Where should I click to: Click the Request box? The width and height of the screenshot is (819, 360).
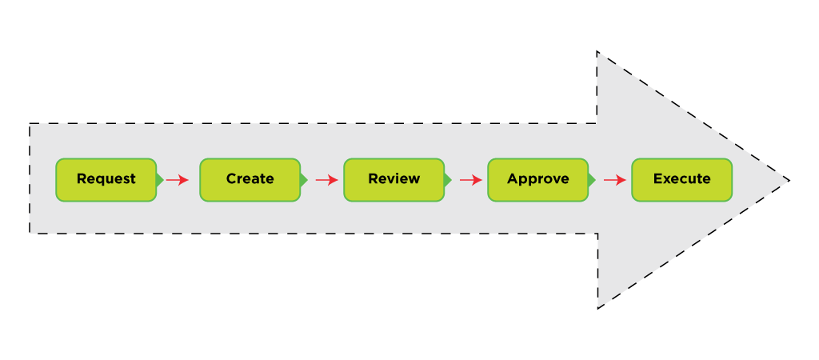pyautogui.click(x=106, y=179)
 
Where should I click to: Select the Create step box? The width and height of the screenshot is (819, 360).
pyautogui.click(x=250, y=179)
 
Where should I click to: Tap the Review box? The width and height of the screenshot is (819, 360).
pyautogui.click(x=394, y=179)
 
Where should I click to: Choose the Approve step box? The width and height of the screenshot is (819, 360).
pyautogui.click(x=537, y=179)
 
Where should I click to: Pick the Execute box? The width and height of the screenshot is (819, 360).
pyautogui.click(x=681, y=179)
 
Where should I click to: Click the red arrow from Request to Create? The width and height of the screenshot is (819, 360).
pyautogui.click(x=177, y=180)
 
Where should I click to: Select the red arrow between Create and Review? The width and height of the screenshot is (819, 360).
pyautogui.click(x=326, y=180)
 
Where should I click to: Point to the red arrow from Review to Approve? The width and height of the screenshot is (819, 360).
pyautogui.click(x=470, y=180)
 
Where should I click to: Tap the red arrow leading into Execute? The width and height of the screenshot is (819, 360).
pyautogui.click(x=614, y=180)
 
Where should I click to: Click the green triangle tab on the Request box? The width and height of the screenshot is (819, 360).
pyautogui.click(x=160, y=180)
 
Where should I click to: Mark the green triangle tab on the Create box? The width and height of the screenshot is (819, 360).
pyautogui.click(x=304, y=180)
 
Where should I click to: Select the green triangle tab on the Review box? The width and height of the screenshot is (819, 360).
pyautogui.click(x=448, y=180)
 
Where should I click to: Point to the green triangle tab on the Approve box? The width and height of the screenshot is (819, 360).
pyautogui.click(x=592, y=180)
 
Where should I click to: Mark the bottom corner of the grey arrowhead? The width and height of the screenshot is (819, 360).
pyautogui.click(x=599, y=305)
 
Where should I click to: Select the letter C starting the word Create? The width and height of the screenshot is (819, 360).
pyautogui.click(x=231, y=179)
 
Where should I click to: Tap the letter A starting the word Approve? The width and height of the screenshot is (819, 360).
pyautogui.click(x=513, y=179)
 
